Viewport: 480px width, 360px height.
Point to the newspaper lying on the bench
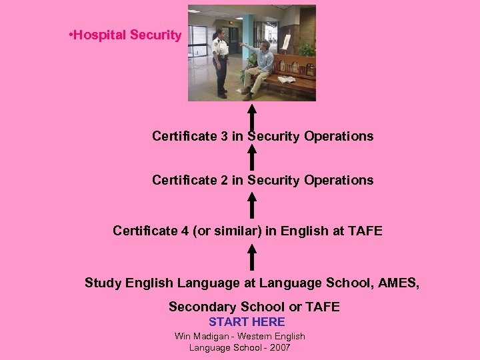286,79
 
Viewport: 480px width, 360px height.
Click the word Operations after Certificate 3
339,137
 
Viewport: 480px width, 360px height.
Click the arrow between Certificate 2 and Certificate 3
251,157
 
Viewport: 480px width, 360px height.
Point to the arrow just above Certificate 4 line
251,204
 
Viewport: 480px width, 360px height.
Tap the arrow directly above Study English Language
251,257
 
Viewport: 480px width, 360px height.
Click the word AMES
398,283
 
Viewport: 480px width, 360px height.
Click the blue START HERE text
247,322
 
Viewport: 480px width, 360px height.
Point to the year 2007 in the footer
279,347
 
